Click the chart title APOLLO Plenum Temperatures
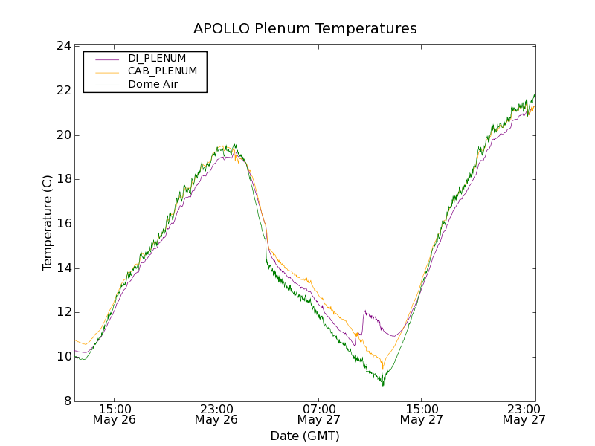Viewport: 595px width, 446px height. [305, 29]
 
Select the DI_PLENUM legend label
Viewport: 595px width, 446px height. [157, 58]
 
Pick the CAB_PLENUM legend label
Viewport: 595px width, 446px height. [162, 71]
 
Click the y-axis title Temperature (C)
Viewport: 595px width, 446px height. [48, 223]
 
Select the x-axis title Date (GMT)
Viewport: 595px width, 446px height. [305, 436]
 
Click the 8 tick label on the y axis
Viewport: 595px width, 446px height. [67, 401]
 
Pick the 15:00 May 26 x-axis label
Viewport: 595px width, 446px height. [115, 414]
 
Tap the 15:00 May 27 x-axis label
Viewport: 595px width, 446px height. [421, 414]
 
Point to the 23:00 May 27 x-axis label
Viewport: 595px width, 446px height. [524, 414]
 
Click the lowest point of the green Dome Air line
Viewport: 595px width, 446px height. [383, 385]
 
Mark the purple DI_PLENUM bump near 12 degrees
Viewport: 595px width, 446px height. [365, 312]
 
